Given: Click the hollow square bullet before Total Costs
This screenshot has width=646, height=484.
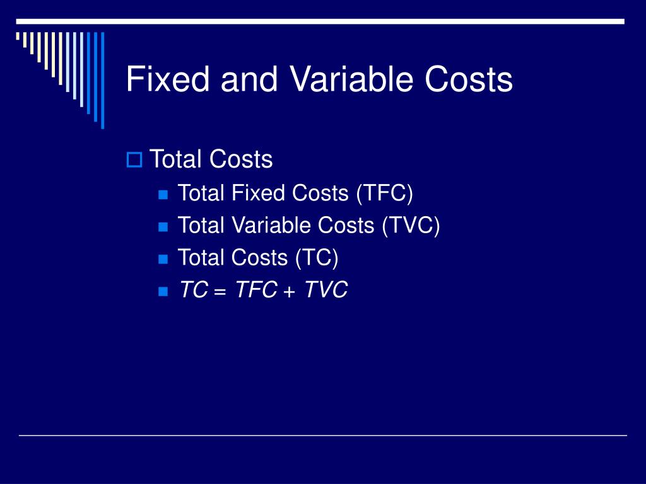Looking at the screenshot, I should tap(134, 160).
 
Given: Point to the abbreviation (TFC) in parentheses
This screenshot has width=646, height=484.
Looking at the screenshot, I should tap(384, 193).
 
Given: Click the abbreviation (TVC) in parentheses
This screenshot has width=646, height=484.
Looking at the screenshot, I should tap(410, 225).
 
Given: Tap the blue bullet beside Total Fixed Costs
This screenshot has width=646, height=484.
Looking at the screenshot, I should tap(163, 194).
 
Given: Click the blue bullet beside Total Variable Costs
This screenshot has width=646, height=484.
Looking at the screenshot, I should tap(163, 226).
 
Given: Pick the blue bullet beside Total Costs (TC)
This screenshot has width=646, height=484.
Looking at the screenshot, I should tap(163, 258).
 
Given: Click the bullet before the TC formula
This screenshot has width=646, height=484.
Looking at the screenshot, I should tap(163, 291).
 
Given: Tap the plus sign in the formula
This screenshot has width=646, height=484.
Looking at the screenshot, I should tap(290, 291).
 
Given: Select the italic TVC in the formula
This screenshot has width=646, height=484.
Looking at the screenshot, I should tap(326, 290).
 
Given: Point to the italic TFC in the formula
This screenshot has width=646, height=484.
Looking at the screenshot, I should tap(255, 290).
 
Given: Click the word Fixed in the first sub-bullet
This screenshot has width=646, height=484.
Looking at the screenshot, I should tap(257, 193).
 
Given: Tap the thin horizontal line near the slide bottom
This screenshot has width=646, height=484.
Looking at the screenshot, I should tap(323, 435).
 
